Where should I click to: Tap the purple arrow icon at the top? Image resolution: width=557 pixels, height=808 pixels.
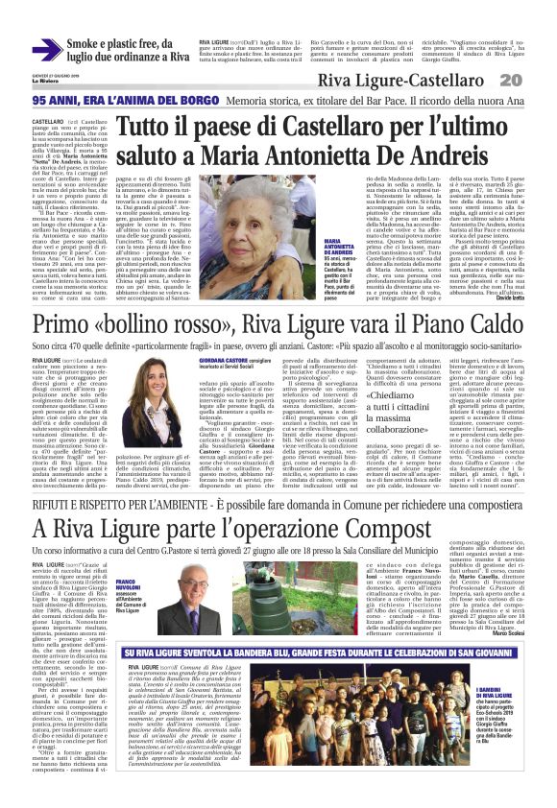tap(47, 51)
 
